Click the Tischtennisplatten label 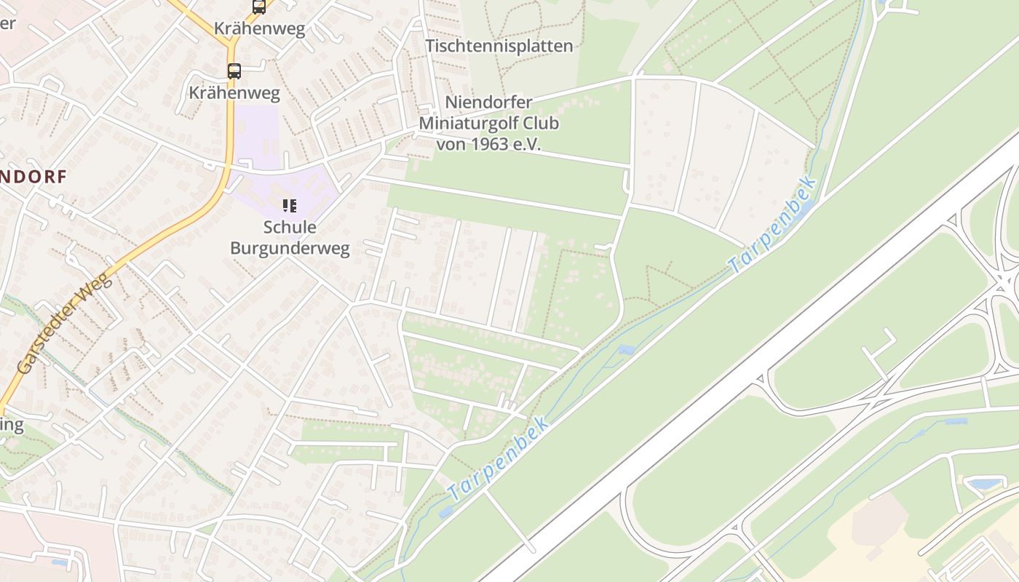coord(499,46)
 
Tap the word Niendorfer coord(488,103)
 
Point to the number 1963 coord(487,143)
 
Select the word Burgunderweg coord(290,248)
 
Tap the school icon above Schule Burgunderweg coord(290,206)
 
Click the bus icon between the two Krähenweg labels coord(234,71)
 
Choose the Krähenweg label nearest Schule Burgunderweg coord(234,92)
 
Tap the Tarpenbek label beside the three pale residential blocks coord(773,226)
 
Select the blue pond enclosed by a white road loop coord(984,484)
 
